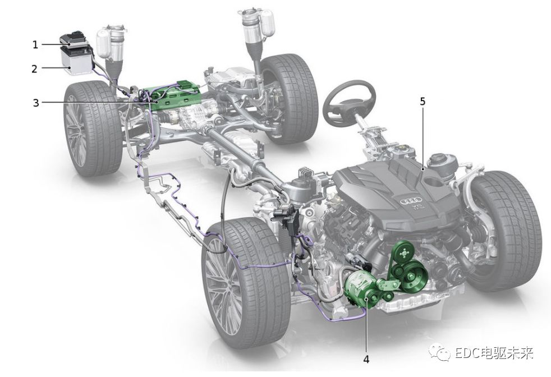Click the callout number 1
35,45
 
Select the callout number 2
34,68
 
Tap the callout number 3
36,103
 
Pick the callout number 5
423,102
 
